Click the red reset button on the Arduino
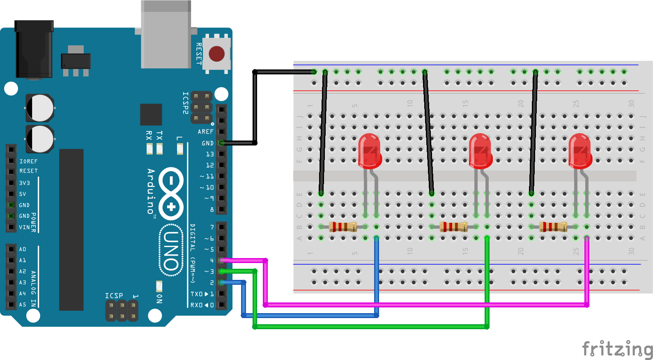(216, 54)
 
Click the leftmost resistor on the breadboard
(343, 226)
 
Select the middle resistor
(453, 226)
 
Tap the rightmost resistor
(553, 226)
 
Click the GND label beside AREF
(207, 143)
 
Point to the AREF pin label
(205, 132)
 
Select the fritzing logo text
(617, 349)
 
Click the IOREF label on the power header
(28, 162)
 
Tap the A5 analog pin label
(23, 305)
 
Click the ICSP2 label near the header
(185, 103)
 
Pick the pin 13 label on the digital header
(209, 154)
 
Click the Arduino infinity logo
(171, 193)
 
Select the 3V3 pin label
(24, 183)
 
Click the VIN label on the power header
(24, 227)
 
